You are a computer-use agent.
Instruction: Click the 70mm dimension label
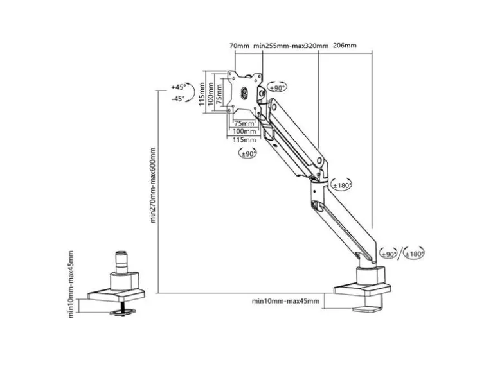pyautogui.click(x=239, y=46)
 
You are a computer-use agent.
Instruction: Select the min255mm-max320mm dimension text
pyautogui.click(x=291, y=46)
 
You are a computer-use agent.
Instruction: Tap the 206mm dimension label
pyautogui.click(x=345, y=46)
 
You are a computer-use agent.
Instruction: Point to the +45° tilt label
pyautogui.click(x=179, y=87)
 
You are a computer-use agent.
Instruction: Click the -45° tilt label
pyautogui.click(x=177, y=99)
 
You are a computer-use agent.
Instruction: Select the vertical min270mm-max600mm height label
pyautogui.click(x=153, y=185)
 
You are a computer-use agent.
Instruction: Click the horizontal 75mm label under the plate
pyautogui.click(x=244, y=123)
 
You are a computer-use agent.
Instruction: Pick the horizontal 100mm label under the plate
pyautogui.click(x=244, y=131)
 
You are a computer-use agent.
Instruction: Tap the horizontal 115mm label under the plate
pyautogui.click(x=244, y=140)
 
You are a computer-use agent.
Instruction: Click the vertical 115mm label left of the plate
pyautogui.click(x=203, y=94)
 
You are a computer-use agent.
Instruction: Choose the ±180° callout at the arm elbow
pyautogui.click(x=341, y=185)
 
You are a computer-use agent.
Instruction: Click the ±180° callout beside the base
pyautogui.click(x=414, y=254)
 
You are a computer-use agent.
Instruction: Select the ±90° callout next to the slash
pyautogui.click(x=388, y=254)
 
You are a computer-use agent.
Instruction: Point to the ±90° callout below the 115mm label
pyautogui.click(x=248, y=153)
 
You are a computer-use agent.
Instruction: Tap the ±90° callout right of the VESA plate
pyautogui.click(x=277, y=87)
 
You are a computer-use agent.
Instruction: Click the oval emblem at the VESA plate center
pyautogui.click(x=245, y=93)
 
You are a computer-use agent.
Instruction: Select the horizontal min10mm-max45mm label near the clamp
pyautogui.click(x=285, y=301)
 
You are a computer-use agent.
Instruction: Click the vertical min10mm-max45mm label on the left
pyautogui.click(x=71, y=284)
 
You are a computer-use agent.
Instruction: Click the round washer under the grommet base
pyautogui.click(x=123, y=312)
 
